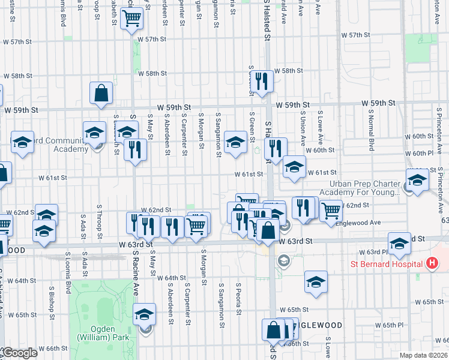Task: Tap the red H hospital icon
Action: pos(430,263)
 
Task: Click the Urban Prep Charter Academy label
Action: pos(364,188)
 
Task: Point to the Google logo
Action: pos(20,353)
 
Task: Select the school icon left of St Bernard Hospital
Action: pos(399,244)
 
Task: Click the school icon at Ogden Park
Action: pos(144,313)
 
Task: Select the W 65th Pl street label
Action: pos(391,325)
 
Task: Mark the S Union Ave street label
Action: pos(304,128)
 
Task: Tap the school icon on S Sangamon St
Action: pos(235,143)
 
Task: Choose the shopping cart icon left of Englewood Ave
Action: pos(331,210)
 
